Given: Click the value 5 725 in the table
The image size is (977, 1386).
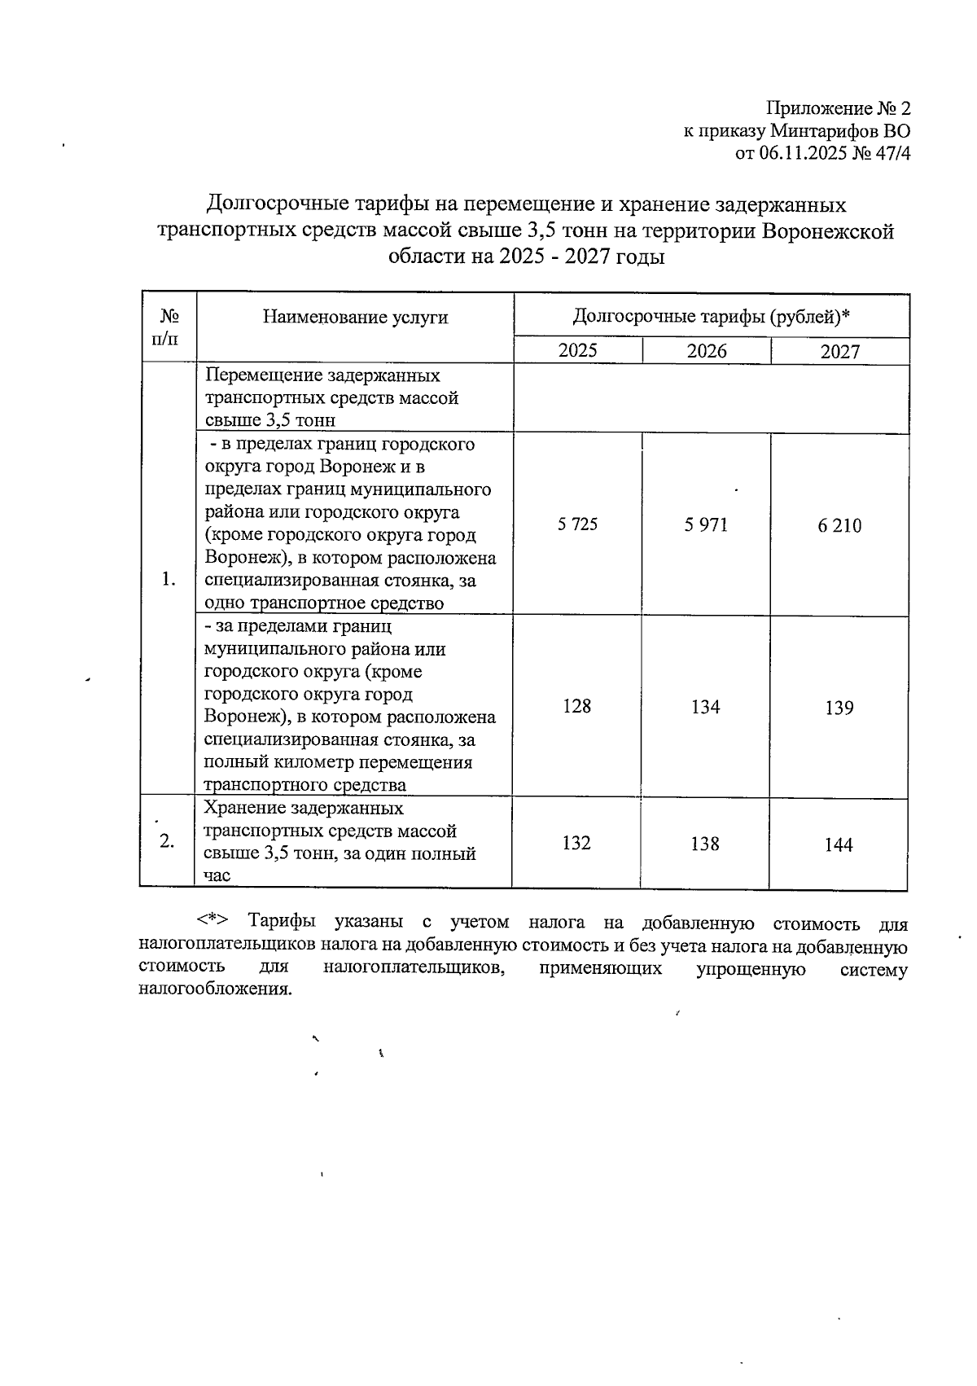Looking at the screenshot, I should (x=577, y=524).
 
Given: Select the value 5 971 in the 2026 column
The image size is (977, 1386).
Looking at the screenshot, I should (x=706, y=525).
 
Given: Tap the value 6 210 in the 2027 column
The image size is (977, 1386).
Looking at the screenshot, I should (x=839, y=526).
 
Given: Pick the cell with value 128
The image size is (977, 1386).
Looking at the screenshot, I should (x=576, y=705).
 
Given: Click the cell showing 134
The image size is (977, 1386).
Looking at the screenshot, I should (x=705, y=707).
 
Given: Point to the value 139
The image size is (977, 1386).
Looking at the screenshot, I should (x=839, y=708).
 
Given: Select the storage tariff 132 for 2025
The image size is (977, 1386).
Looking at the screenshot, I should (x=576, y=843).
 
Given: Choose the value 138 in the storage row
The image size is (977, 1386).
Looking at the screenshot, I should (x=704, y=844).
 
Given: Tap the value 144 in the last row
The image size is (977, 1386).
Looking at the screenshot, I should (x=838, y=845).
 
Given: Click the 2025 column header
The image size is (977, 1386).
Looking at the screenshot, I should (x=577, y=350).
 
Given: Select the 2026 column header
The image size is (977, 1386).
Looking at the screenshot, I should (x=706, y=351).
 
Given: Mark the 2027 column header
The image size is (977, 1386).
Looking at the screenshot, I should (x=839, y=352).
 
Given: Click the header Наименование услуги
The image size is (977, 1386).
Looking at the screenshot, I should (x=355, y=317).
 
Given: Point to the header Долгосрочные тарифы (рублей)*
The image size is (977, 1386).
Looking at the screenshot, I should (x=711, y=315).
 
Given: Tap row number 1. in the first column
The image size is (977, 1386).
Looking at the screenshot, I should (x=169, y=579).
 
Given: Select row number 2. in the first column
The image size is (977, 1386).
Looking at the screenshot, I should (x=167, y=841).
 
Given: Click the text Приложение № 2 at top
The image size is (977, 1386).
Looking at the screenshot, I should (x=838, y=109).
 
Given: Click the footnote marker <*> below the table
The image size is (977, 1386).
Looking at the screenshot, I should (x=212, y=920).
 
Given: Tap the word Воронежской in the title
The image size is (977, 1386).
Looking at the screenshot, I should (x=827, y=231).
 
